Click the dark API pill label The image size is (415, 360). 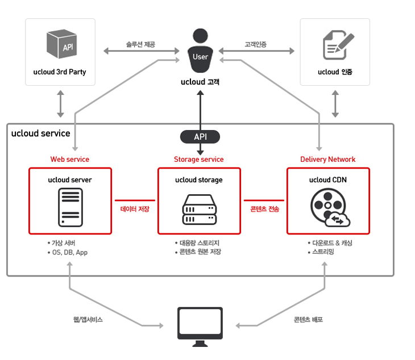click(x=200, y=137)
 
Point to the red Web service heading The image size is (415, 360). click(x=70, y=160)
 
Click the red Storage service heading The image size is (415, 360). click(x=199, y=160)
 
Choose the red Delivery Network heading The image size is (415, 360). click(x=328, y=160)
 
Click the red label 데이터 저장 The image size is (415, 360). click(x=135, y=209)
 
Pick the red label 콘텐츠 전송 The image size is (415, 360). click(x=264, y=209)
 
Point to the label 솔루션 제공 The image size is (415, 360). click(x=140, y=44)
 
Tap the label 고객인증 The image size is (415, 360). click(x=255, y=44)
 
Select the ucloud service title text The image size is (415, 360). click(x=41, y=134)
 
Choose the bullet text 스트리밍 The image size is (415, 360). click(x=323, y=252)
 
